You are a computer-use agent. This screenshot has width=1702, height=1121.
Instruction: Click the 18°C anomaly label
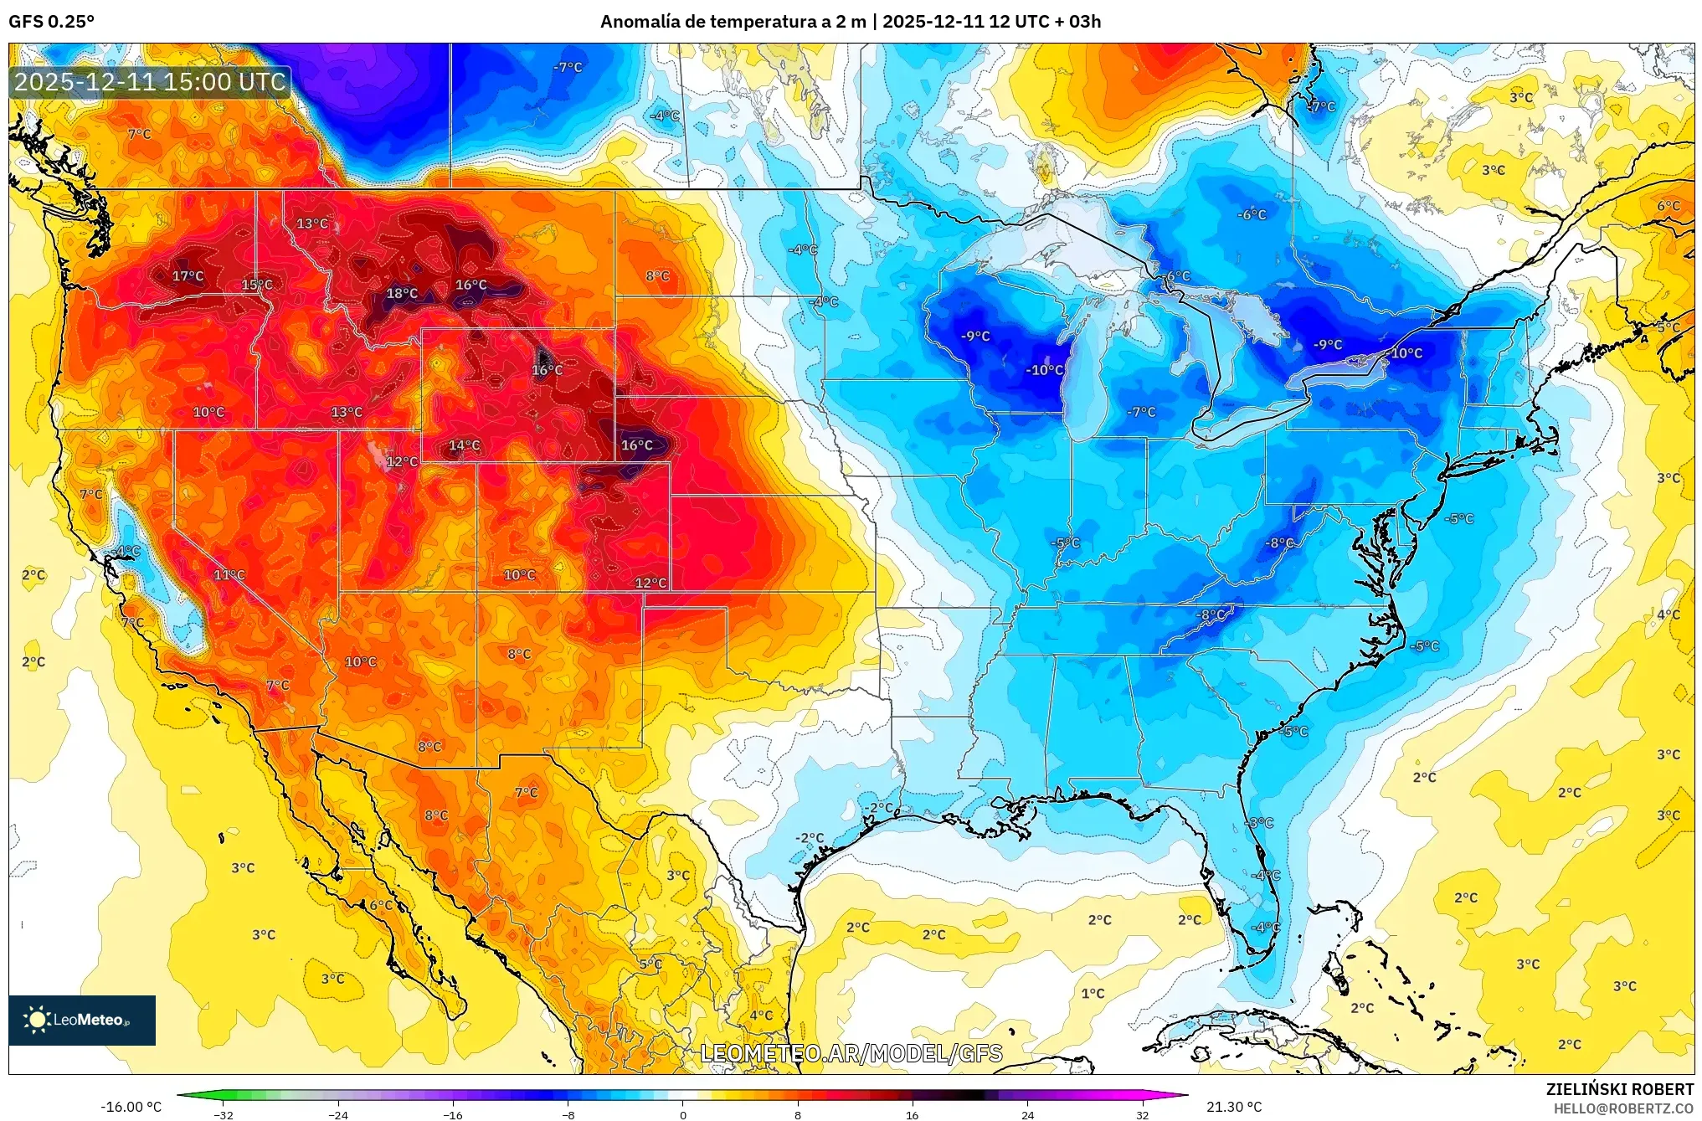coord(402,293)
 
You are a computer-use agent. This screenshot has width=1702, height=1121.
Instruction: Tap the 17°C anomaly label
coord(188,276)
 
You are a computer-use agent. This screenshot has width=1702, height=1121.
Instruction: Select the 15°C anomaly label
coord(257,285)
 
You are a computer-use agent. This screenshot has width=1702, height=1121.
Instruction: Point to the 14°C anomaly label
coord(464,445)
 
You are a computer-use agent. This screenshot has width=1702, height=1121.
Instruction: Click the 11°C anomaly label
coord(229,575)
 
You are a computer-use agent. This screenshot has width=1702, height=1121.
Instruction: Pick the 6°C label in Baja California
coord(381,905)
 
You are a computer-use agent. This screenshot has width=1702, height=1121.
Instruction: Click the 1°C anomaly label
coord(1093,994)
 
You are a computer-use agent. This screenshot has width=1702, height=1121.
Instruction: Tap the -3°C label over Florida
coord(1260,823)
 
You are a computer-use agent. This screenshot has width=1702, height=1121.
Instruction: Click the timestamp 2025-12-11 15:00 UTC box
coord(150,82)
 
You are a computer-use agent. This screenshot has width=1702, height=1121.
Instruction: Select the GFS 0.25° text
coord(51,22)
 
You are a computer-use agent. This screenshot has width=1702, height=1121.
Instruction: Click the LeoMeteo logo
coord(81,1020)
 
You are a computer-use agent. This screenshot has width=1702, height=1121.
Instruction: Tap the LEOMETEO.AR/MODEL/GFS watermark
coord(851,1053)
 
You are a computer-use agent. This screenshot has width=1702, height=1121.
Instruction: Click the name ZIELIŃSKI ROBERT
coord(1619,1089)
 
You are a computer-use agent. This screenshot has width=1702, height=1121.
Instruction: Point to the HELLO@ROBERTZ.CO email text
coord(1623,1108)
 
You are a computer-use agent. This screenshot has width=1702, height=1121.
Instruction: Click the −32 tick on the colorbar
coord(223,1115)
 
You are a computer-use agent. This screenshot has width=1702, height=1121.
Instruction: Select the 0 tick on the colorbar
coord(682,1115)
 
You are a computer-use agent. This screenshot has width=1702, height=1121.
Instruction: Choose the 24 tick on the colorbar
coord(1027,1115)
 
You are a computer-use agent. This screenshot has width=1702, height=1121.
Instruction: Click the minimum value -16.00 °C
coord(131,1107)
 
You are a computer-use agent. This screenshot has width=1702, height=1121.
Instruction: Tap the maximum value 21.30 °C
coord(1234,1107)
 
